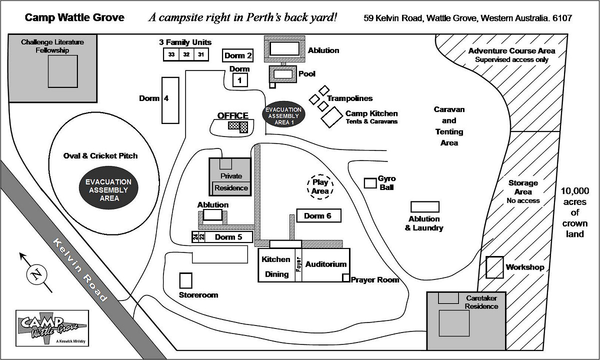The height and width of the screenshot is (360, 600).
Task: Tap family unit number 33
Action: point(171,54)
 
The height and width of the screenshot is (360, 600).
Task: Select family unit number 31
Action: point(201,54)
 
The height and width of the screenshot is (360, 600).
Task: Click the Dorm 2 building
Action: point(238,55)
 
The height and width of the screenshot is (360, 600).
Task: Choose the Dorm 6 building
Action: point(318,216)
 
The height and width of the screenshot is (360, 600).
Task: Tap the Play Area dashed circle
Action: point(320,186)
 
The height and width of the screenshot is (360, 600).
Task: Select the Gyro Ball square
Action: point(370,183)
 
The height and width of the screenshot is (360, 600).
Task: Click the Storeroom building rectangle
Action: point(186,280)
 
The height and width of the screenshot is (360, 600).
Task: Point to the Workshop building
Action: point(495,267)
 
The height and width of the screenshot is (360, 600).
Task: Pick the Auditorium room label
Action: point(326,264)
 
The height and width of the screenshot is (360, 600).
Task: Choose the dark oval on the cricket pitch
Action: point(109,190)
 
